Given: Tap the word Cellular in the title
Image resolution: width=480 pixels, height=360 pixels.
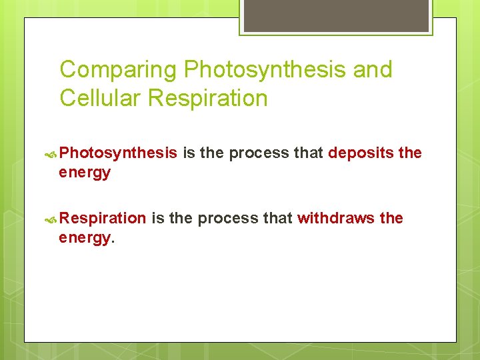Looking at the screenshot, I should [x=100, y=99].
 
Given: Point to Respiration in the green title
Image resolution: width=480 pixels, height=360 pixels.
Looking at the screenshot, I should [x=207, y=99].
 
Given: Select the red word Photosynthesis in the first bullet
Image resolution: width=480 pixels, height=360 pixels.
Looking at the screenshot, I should [x=118, y=153].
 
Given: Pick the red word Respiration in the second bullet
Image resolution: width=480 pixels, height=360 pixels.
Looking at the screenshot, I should [x=103, y=219].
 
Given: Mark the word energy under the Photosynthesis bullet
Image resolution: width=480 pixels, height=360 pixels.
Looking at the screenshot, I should [x=85, y=173].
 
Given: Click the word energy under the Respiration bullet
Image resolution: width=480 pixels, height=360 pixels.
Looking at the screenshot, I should [x=85, y=238].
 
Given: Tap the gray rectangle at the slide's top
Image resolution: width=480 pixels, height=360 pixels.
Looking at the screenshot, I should [x=335, y=15].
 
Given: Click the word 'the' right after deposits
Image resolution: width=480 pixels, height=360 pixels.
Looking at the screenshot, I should [x=410, y=153].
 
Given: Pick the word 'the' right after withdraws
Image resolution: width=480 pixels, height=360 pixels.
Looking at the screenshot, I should [x=391, y=219].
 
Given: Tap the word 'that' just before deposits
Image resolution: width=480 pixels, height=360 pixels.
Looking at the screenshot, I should [x=308, y=153].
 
